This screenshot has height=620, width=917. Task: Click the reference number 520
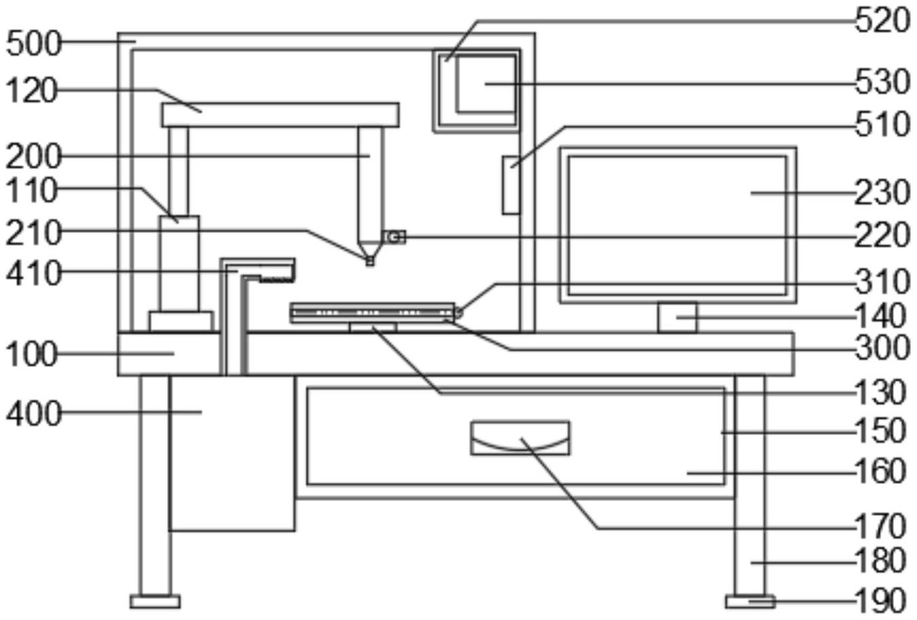[x=882, y=21]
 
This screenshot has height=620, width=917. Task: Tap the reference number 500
[x=33, y=44]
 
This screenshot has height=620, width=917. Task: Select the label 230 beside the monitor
[x=882, y=193]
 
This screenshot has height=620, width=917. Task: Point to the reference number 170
[x=880, y=526]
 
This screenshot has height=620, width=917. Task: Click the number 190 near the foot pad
[x=880, y=601]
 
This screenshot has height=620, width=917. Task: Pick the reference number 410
[x=33, y=273]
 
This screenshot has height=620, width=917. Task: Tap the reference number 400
[x=33, y=414]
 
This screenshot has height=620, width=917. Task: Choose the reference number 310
[x=882, y=282]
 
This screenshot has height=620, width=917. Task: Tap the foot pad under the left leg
[x=155, y=601]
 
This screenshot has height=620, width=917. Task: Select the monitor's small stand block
[x=678, y=317]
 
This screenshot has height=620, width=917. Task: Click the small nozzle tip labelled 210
[x=369, y=261]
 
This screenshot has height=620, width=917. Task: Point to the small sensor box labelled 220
[x=395, y=237]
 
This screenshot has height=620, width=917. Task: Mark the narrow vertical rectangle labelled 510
[x=512, y=184]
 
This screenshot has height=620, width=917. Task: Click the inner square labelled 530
[x=486, y=84]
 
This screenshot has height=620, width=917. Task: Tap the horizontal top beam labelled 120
[x=280, y=115]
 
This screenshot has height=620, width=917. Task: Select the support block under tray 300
[x=373, y=327]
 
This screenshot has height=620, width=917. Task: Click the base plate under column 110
[x=181, y=321]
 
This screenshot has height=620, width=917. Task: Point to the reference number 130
[x=880, y=392]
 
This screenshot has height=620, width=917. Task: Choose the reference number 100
[x=31, y=354]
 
